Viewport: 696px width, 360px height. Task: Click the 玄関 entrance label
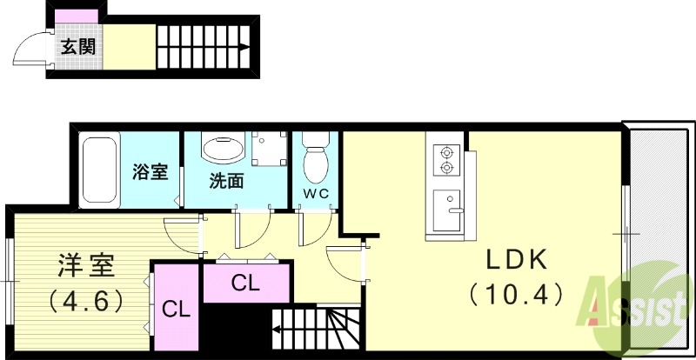tap(77, 47)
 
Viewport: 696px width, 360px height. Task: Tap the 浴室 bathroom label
tap(150, 171)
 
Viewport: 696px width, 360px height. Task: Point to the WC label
tap(315, 193)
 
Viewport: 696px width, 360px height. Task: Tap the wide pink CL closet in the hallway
tap(246, 283)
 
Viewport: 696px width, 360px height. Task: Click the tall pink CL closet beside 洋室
tap(176, 309)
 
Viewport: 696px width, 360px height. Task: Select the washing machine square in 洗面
tap(269, 148)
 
